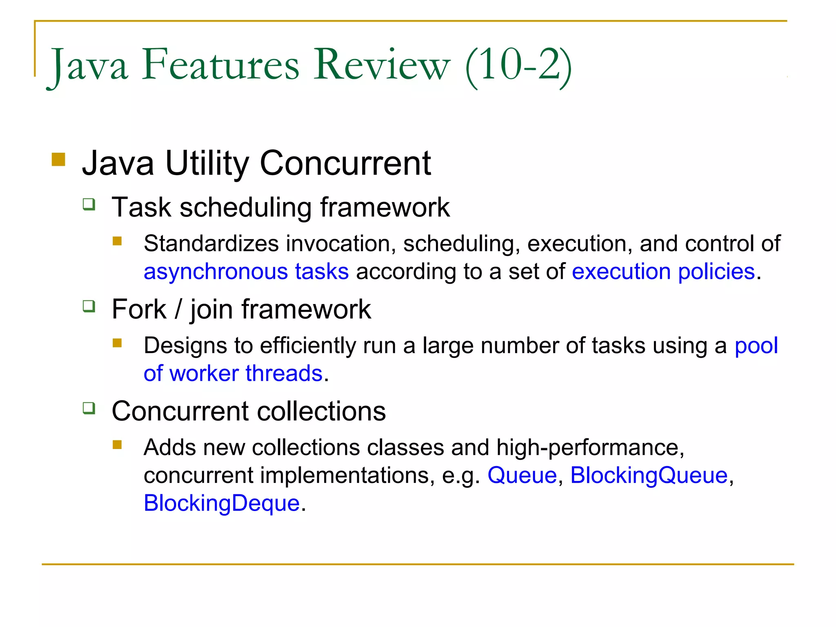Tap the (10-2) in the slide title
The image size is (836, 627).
(518, 65)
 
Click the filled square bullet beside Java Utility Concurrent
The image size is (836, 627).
(59, 160)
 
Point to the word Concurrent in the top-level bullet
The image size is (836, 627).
(345, 163)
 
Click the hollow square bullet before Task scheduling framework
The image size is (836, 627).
(89, 204)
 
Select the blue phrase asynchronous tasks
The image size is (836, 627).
(246, 271)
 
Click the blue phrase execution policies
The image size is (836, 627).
(663, 271)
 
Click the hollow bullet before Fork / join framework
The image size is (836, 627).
(89, 306)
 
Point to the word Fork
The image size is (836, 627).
(139, 309)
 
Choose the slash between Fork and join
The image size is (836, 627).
(178, 309)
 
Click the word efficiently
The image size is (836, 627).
(308, 346)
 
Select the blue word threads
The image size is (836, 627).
(284, 374)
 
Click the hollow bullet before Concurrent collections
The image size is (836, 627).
(89, 408)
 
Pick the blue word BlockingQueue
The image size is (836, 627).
(649, 476)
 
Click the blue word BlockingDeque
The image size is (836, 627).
(222, 503)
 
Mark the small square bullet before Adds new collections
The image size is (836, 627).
(118, 445)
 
